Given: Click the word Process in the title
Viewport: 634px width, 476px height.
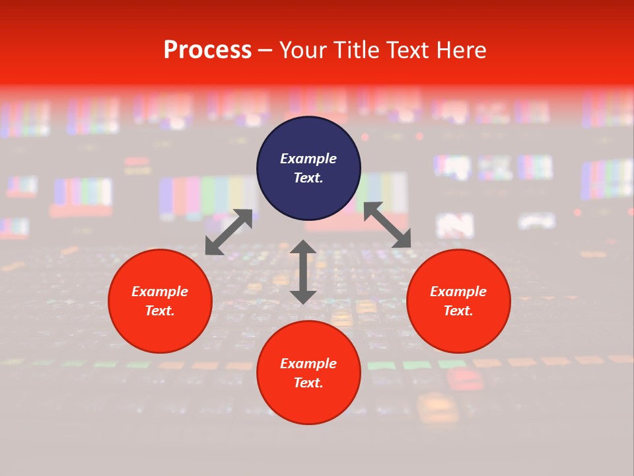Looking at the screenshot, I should click(x=207, y=50).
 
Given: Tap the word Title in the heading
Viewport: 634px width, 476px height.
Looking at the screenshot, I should click(x=358, y=50).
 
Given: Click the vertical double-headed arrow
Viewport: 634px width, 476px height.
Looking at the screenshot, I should click(x=303, y=272).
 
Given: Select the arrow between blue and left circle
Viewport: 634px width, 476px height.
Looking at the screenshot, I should click(x=229, y=231).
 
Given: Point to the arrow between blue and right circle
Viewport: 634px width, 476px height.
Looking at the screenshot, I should click(x=387, y=225).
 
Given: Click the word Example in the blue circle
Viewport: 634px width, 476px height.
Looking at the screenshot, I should click(x=308, y=159).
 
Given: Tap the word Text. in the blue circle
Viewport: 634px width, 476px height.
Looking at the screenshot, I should click(x=308, y=178).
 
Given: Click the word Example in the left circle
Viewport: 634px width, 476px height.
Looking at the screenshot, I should click(x=160, y=292).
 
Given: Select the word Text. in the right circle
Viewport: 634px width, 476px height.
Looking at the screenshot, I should click(x=458, y=311).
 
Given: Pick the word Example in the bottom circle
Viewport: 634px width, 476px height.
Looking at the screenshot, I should click(x=308, y=364).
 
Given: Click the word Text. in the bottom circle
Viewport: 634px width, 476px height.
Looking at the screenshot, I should click(x=308, y=383).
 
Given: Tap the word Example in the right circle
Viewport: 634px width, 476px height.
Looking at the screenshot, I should click(x=458, y=292).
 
